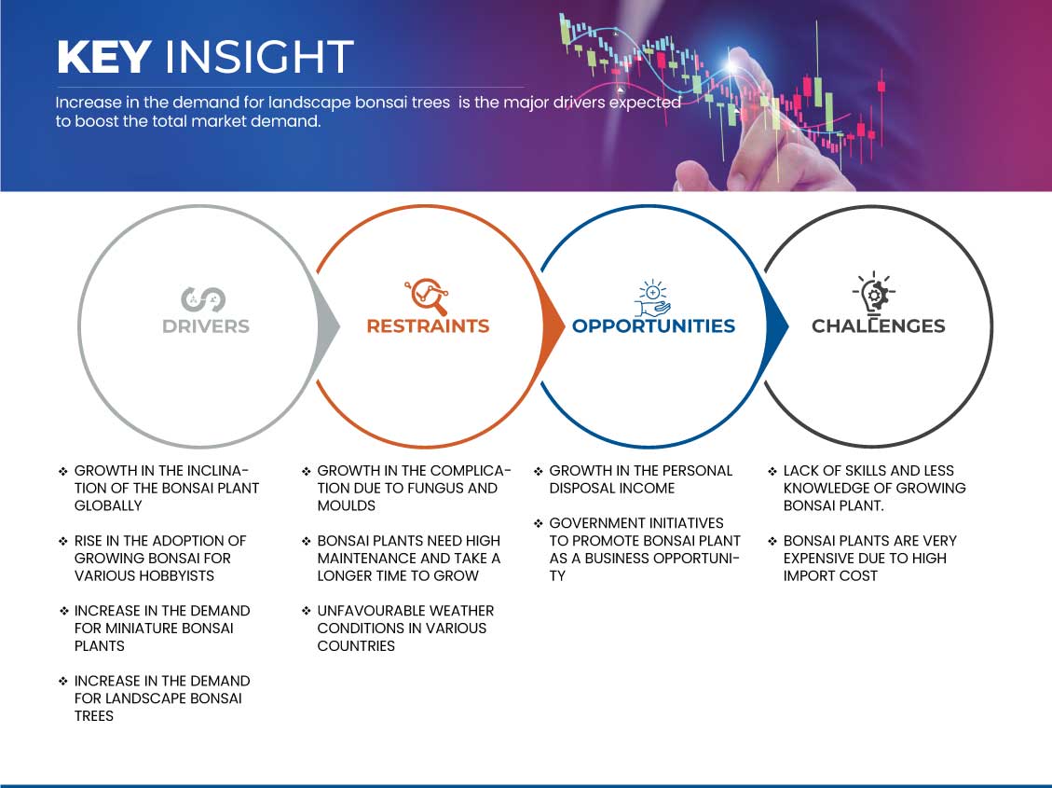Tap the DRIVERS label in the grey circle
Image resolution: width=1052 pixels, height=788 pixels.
(206, 326)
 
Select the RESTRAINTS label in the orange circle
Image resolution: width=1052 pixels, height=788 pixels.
(428, 326)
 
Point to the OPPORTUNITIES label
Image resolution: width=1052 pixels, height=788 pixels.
(653, 326)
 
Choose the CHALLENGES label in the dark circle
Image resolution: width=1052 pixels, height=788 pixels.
(879, 326)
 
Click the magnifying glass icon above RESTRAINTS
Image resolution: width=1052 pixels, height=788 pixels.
(427, 296)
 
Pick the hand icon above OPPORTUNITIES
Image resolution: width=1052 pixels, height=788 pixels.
(653, 298)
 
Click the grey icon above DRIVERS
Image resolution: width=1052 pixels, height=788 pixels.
(202, 299)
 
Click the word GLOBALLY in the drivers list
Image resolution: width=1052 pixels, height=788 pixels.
(108, 505)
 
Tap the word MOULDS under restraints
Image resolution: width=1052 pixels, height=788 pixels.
(347, 505)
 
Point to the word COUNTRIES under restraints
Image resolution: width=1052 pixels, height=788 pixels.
(356, 645)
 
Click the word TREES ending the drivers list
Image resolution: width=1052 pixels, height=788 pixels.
(94, 716)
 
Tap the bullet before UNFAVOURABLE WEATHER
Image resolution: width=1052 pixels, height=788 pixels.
(307, 611)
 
